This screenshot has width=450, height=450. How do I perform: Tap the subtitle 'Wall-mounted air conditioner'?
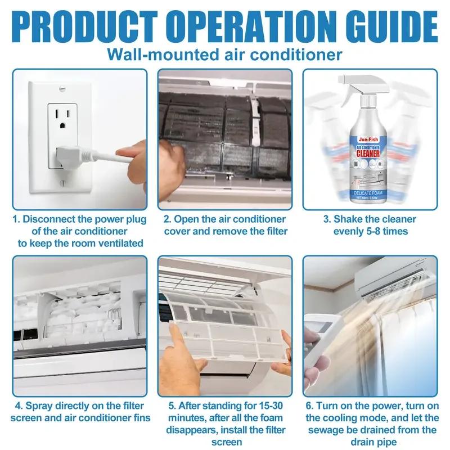point(224,55)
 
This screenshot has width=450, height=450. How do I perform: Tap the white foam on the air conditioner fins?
point(73,312)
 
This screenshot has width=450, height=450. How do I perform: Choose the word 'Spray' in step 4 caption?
point(44,406)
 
